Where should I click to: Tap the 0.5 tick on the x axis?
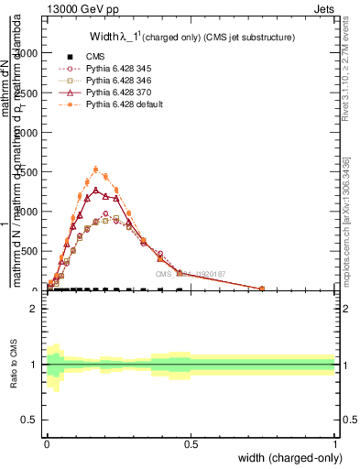[x=191, y=444]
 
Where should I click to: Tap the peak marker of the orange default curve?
[x=96, y=169]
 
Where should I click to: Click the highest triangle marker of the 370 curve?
[x=95, y=191]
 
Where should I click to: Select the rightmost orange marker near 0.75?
[x=262, y=289]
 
